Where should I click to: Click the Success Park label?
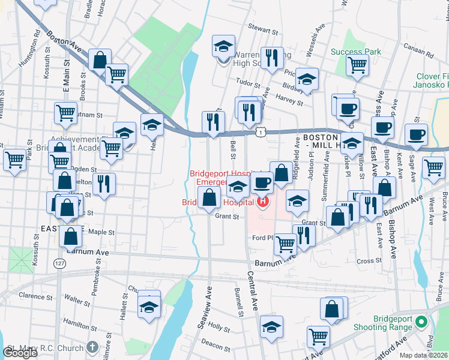pyautogui.click(x=356, y=52)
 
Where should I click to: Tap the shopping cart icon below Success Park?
pyautogui.click(x=357, y=64)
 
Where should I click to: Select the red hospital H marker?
pyautogui.click(x=262, y=202)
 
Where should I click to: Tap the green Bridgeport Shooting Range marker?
pyautogui.click(x=421, y=322)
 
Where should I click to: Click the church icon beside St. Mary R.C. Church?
pyautogui.click(x=92, y=347)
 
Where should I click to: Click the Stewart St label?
pyautogui.click(x=265, y=29)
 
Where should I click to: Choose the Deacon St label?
pyautogui.click(x=212, y=343)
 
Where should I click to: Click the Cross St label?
pyautogui.click(x=365, y=261)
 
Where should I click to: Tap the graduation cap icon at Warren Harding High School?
pyautogui.click(x=223, y=46)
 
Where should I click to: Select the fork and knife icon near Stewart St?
pyautogui.click(x=273, y=58)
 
